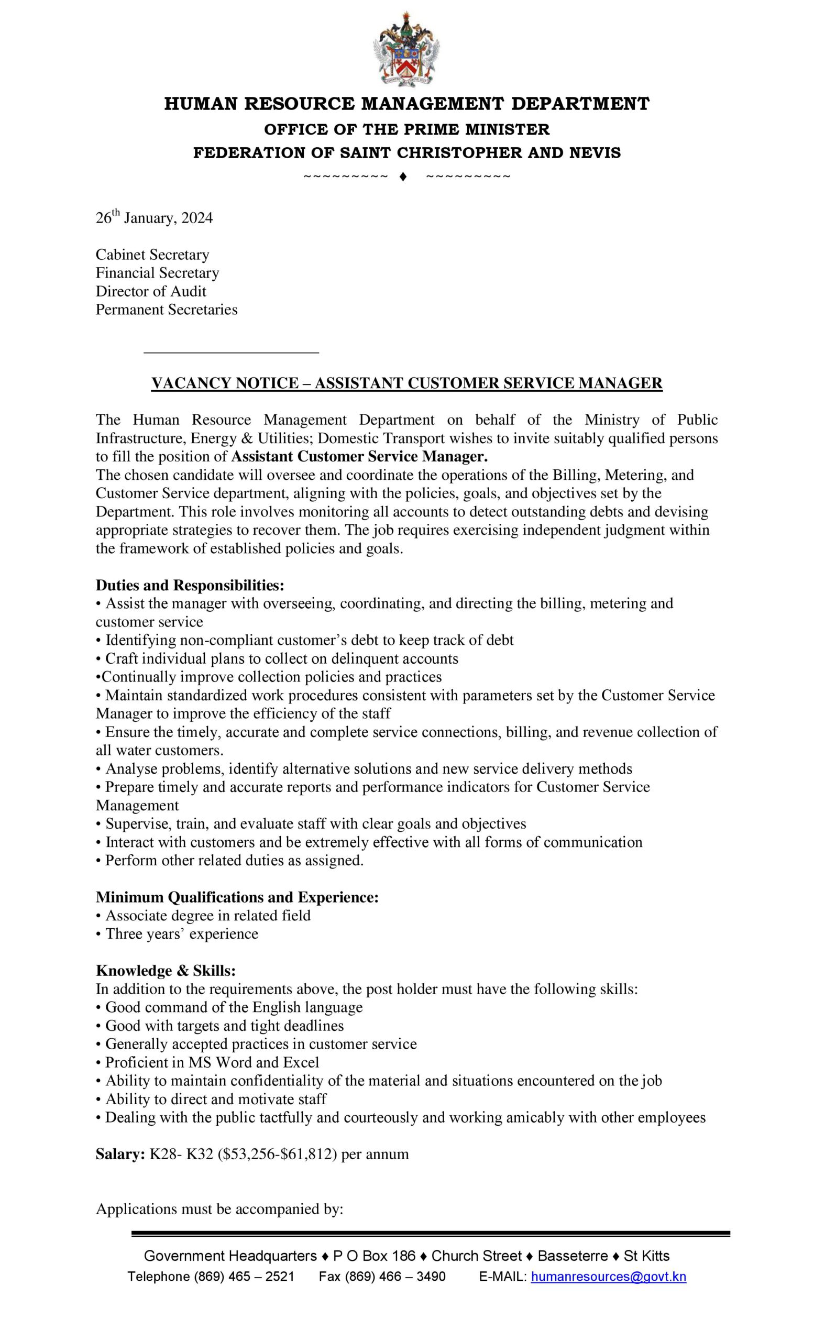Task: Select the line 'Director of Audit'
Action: [151, 291]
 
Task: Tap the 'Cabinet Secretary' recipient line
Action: [152, 255]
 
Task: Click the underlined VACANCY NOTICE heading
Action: [406, 383]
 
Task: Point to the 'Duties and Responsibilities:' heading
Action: [190, 585]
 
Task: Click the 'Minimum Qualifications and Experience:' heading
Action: [237, 897]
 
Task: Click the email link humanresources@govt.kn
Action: [608, 1276]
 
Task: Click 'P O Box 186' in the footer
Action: [374, 1256]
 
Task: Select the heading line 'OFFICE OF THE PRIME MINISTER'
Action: [406, 129]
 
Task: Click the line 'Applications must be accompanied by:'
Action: [219, 1210]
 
